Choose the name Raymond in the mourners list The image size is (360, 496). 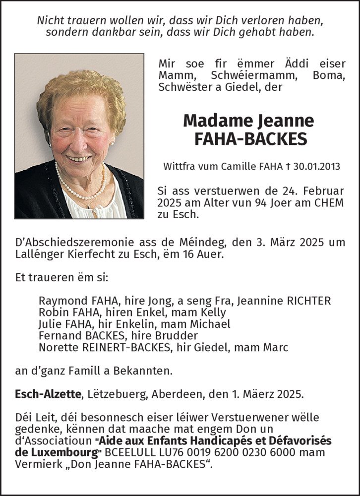pyautogui.click(x=61, y=301)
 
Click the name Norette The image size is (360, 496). pyautogui.click(x=59, y=347)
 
